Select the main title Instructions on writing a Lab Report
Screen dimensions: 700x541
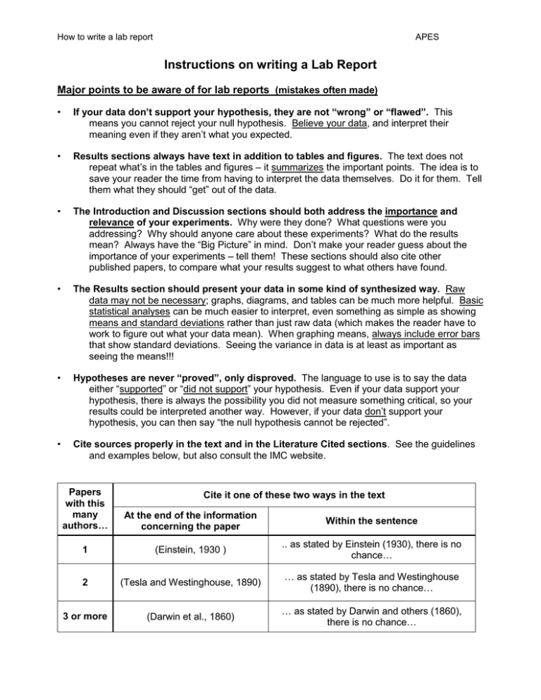(x=270, y=68)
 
